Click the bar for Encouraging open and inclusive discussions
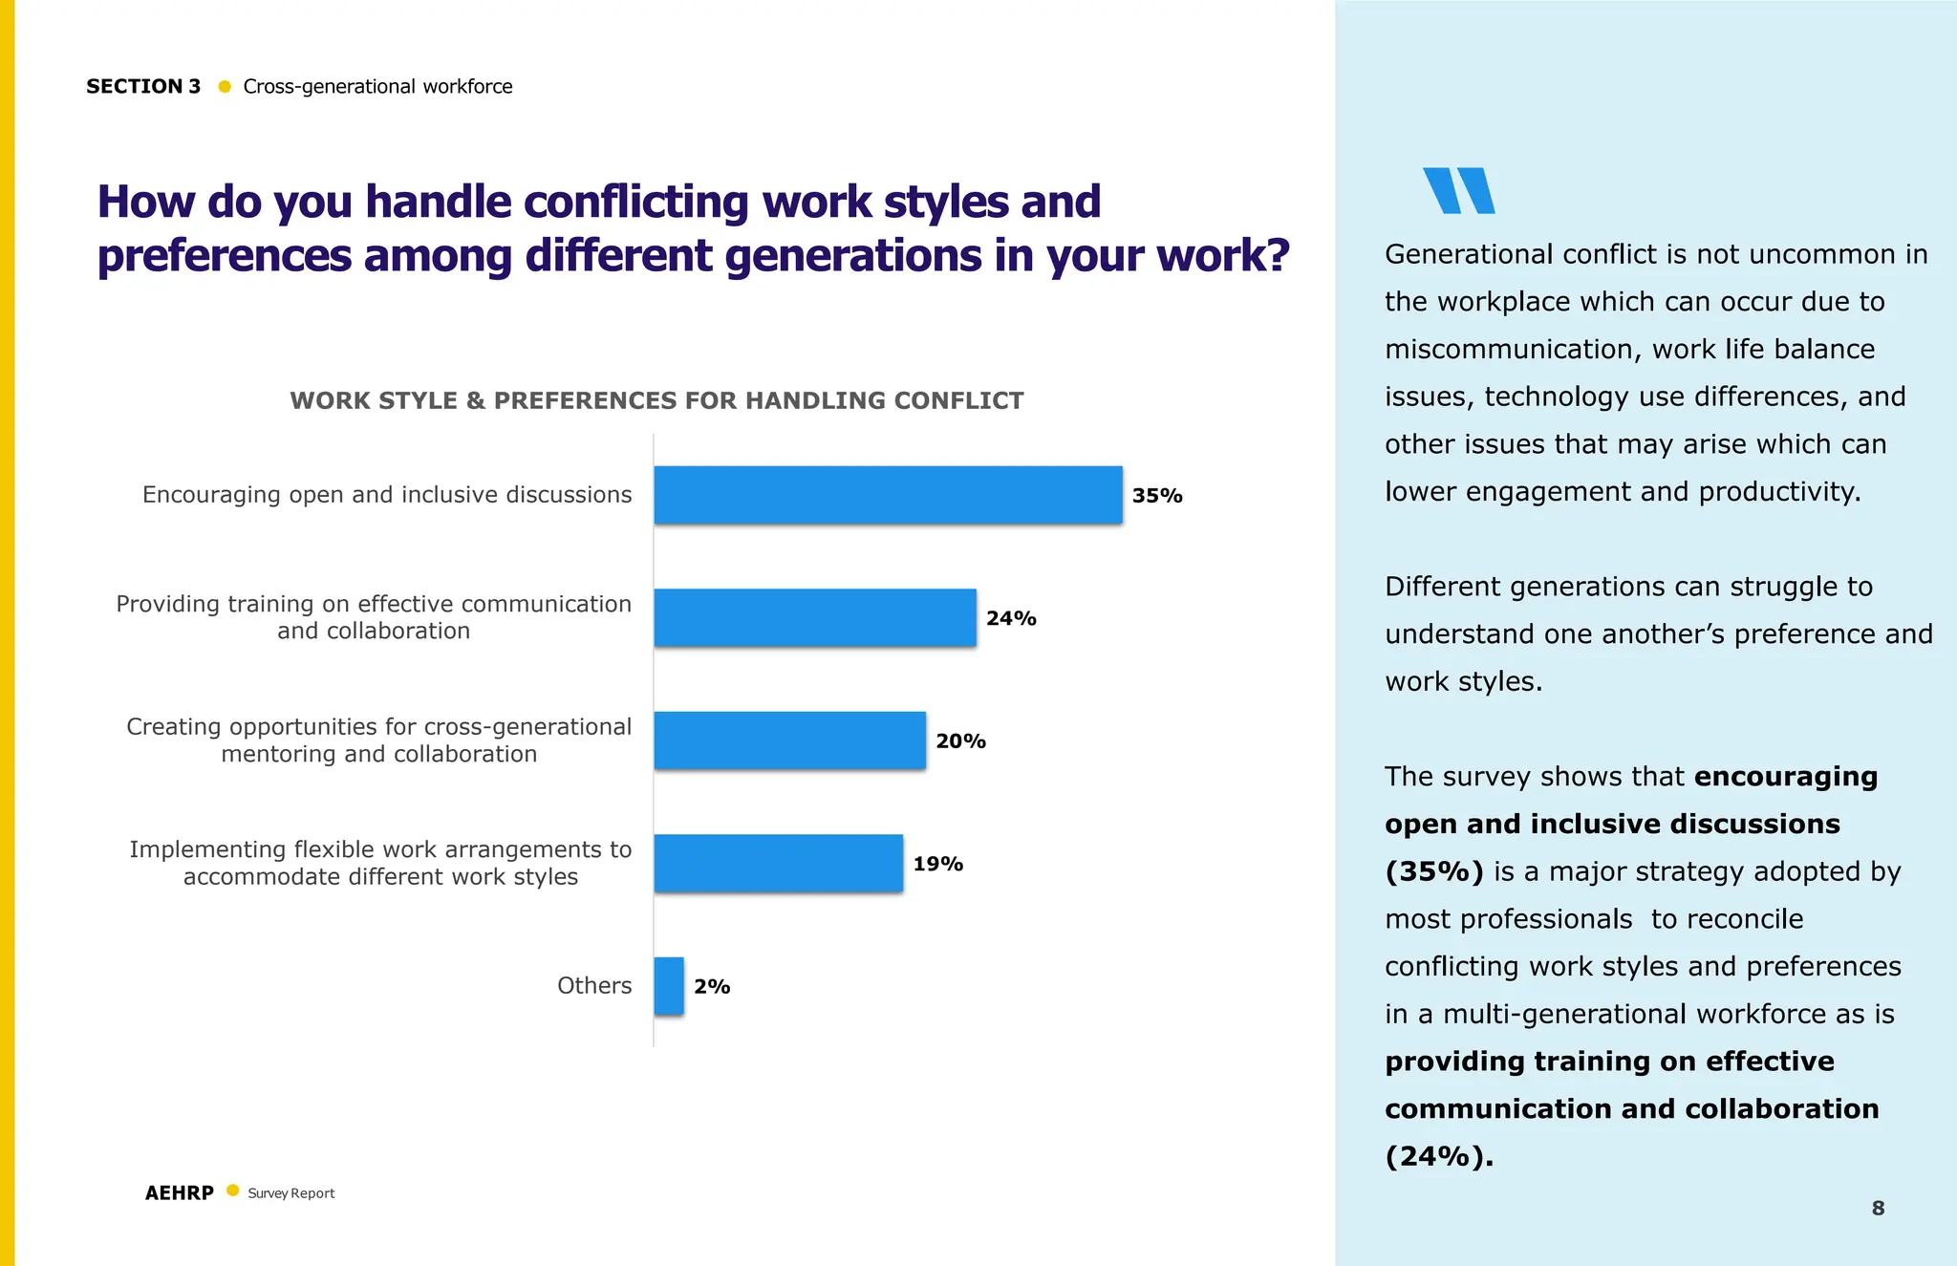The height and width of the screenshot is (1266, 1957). (888, 495)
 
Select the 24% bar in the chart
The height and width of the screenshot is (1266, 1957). (815, 617)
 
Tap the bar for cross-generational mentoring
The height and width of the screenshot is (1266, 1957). (789, 740)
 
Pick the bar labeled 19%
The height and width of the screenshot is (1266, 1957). (778, 863)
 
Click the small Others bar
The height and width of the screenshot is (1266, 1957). (669, 986)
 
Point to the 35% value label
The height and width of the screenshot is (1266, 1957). (1157, 496)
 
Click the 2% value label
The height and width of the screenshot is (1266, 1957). (712, 987)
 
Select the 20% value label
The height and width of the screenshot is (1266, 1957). (960, 741)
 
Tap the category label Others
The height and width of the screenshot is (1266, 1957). (594, 986)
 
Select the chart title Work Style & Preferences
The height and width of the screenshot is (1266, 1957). (656, 400)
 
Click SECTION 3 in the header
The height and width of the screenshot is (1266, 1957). (143, 87)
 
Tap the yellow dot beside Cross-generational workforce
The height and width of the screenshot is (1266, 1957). (225, 87)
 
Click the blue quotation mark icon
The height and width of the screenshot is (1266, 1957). (1458, 190)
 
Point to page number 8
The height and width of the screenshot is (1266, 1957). (1878, 1209)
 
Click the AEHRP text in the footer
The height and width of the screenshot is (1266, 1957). (180, 1193)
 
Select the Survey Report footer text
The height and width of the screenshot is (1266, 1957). (291, 1193)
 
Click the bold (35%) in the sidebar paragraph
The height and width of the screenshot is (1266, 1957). (1433, 872)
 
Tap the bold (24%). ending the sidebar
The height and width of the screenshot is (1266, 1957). (1438, 1157)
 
